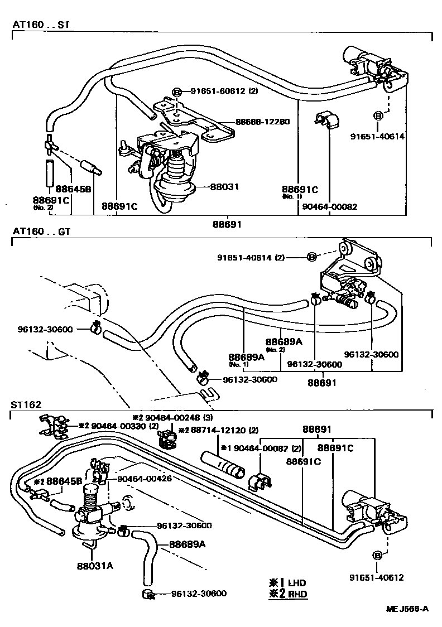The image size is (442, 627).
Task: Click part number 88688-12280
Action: click(x=262, y=121)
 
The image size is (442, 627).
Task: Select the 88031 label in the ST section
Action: click(x=224, y=188)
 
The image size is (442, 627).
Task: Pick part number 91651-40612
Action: click(x=377, y=578)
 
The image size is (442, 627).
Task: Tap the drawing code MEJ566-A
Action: click(x=407, y=609)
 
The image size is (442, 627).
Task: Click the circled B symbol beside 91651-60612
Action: click(x=176, y=91)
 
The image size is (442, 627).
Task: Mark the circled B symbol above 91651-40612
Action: click(x=377, y=556)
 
